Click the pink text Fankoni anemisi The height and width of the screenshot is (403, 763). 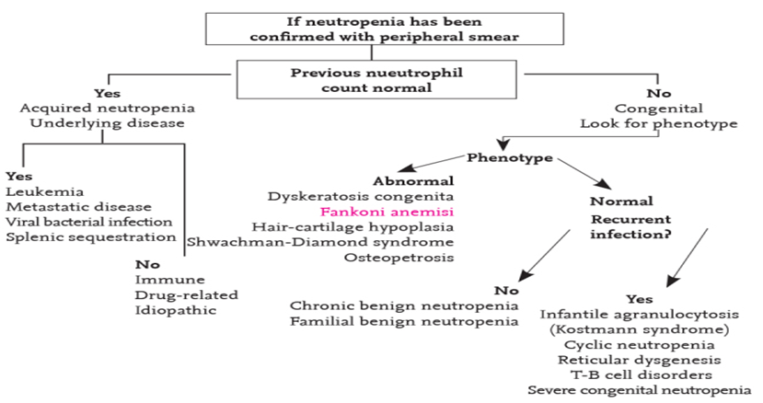(x=387, y=213)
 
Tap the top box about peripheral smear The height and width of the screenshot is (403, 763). (x=385, y=29)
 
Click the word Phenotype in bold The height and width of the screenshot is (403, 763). (x=510, y=157)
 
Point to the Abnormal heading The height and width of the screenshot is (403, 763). (x=413, y=181)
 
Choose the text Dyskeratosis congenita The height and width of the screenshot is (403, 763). (x=361, y=197)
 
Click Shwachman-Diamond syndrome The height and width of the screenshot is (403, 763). (x=320, y=242)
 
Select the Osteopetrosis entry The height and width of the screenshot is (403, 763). (x=399, y=258)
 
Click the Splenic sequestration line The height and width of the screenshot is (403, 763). (x=91, y=237)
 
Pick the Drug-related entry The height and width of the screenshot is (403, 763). (x=186, y=295)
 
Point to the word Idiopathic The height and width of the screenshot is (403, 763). (x=176, y=310)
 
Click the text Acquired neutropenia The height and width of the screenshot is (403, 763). (x=107, y=108)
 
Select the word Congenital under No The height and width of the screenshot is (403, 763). (x=659, y=109)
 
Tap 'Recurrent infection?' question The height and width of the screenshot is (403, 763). (x=631, y=227)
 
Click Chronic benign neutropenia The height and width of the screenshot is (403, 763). (x=404, y=306)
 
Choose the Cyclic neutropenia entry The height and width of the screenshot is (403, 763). (x=640, y=345)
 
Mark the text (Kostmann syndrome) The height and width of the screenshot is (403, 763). (x=640, y=329)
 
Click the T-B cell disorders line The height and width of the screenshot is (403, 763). (x=642, y=375)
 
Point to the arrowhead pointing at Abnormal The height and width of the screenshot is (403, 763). (x=406, y=167)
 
